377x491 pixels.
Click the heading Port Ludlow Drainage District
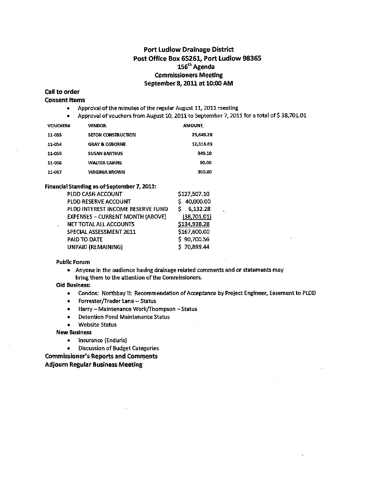tap(189, 50)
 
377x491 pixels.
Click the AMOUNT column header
tap(193, 125)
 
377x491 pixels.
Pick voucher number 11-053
tap(54, 135)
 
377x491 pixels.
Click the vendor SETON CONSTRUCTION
tap(112, 135)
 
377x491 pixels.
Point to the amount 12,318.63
tap(202, 144)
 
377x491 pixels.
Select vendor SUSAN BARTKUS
tap(105, 154)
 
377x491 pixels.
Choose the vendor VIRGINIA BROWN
tap(106, 172)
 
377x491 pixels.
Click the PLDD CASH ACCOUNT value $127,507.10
tap(194, 194)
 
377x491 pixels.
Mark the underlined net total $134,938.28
tap(194, 224)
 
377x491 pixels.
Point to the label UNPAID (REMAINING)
tap(95, 247)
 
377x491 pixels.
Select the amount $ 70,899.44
tap(194, 247)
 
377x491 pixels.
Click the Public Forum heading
tap(73, 262)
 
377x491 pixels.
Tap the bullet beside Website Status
tap(69, 325)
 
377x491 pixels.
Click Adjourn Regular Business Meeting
tap(94, 365)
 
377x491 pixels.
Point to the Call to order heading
tap(62, 92)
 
